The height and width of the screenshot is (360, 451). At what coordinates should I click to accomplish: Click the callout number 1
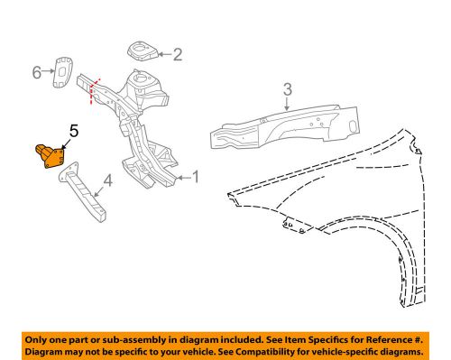196,177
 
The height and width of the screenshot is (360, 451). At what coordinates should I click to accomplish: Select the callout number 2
178,54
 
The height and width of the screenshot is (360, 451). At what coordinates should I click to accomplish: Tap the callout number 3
288,89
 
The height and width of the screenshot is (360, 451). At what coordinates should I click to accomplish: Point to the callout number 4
108,180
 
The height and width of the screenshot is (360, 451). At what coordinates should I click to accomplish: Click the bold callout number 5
74,131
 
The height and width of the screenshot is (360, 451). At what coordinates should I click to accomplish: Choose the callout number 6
37,72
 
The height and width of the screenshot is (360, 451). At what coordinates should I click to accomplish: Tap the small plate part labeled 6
63,72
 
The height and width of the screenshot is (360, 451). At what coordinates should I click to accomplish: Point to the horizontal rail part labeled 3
284,126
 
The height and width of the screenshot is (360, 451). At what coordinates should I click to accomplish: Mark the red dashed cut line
95,91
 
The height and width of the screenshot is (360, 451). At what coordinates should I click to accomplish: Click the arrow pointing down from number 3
288,104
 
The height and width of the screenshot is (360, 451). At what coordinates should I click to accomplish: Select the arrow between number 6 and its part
48,71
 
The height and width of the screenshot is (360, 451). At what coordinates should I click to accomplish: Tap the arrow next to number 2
165,54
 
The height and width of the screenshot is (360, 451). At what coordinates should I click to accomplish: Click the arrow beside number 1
184,178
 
